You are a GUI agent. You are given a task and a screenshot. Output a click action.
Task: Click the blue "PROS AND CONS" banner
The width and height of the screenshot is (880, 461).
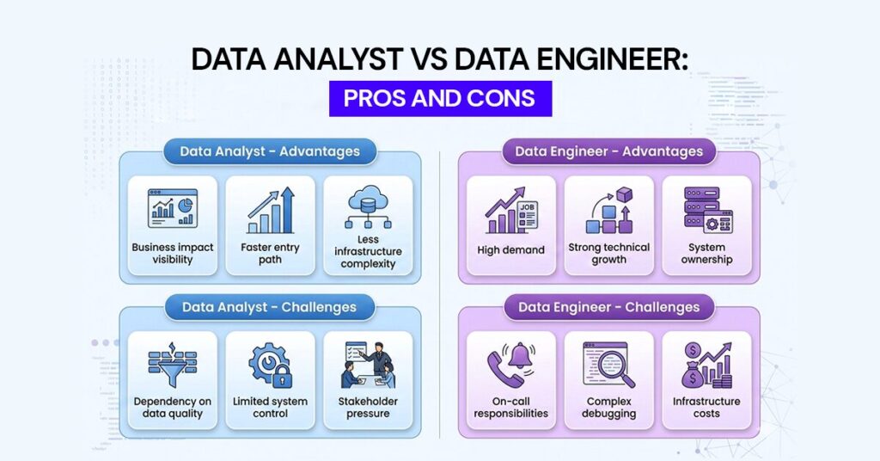(x=439, y=98)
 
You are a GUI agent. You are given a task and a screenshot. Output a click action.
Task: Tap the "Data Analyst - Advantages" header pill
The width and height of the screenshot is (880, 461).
(x=269, y=151)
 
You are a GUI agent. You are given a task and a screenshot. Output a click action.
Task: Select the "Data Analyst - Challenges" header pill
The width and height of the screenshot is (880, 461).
(x=269, y=307)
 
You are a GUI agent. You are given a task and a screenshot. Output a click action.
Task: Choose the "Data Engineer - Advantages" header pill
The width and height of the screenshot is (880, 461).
(x=608, y=151)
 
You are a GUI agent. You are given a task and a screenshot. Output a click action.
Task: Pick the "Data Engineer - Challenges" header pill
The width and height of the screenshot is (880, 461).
(x=608, y=307)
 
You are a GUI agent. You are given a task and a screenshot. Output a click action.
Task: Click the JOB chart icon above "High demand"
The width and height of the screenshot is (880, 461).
(x=510, y=211)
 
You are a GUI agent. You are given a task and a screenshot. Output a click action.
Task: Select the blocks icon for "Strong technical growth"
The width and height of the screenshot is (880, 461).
(x=608, y=211)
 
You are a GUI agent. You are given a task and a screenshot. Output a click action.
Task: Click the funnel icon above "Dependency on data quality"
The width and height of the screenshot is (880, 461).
(x=173, y=366)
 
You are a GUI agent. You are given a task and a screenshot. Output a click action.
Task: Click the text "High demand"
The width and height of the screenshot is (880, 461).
(x=510, y=250)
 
